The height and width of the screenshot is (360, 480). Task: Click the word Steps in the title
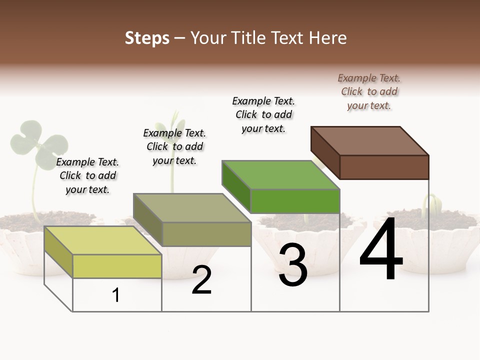(146, 38)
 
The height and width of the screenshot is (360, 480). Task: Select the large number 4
(381, 250)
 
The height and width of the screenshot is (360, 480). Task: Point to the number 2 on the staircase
(201, 280)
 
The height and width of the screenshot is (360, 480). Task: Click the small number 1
(116, 295)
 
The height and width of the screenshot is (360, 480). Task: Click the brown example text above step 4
(369, 91)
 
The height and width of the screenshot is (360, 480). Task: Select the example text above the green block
(263, 114)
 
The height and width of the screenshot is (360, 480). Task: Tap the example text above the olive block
(174, 146)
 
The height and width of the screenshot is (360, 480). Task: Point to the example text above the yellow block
(87, 175)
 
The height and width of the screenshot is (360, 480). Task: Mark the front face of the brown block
(384, 167)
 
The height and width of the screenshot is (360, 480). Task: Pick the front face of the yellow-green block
(117, 266)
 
